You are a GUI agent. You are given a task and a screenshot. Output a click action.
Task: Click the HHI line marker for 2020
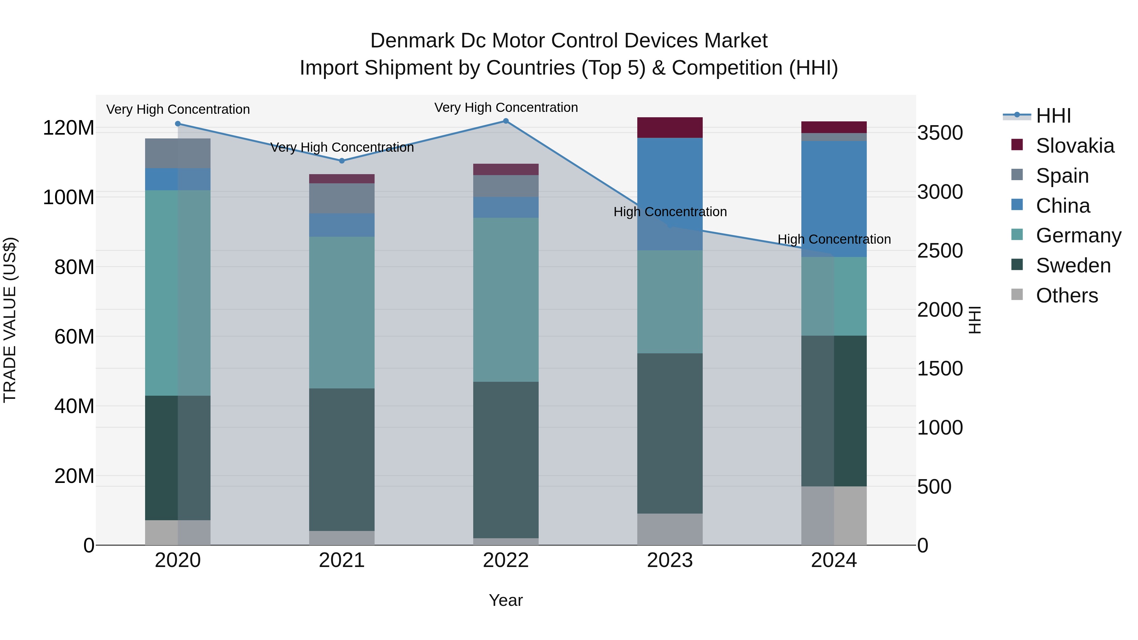coord(178,124)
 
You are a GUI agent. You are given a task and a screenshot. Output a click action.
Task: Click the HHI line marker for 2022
coord(506,121)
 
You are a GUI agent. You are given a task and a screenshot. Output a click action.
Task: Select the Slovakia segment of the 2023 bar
coord(670,128)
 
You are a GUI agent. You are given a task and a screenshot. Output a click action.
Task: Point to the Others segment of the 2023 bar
coord(670,529)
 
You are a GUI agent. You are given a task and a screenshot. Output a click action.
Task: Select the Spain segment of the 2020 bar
coord(178,153)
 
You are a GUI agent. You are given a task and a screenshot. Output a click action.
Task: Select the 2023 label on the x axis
coord(670,560)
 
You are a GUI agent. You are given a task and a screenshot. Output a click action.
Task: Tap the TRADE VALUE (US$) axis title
coord(10,320)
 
